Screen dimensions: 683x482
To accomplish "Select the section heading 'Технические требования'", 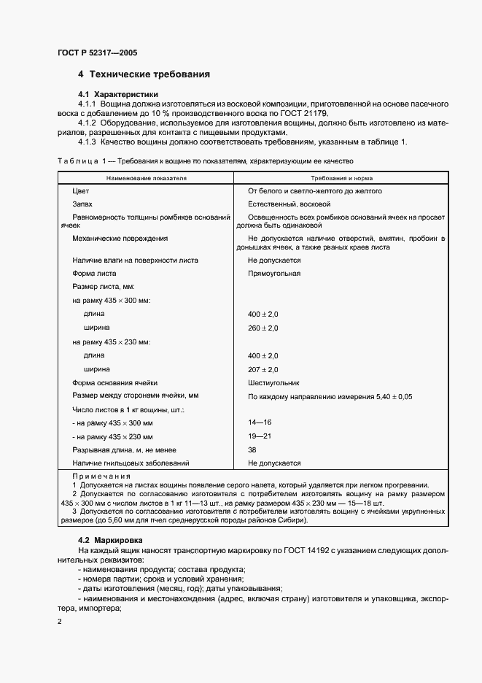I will [x=149, y=74].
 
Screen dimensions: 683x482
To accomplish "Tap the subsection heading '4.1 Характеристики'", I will [x=118, y=95].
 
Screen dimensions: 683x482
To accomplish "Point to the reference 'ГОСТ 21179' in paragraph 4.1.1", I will [x=304, y=114].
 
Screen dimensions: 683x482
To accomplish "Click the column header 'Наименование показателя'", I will [x=147, y=177].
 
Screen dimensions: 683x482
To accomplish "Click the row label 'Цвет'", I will [x=80, y=191].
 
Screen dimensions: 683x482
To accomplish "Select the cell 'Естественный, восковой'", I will [x=289, y=204].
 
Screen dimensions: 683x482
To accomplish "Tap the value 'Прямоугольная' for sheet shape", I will [x=273, y=273].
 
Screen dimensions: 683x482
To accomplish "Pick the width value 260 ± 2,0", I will [x=263, y=328].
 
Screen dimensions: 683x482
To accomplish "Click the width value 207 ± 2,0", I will [x=263, y=369].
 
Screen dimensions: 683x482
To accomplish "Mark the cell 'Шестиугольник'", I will [x=273, y=382].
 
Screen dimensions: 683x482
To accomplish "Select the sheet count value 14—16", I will [x=260, y=422].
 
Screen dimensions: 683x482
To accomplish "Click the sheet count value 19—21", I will [x=260, y=436].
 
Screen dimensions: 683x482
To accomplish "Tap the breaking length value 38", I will [x=252, y=449].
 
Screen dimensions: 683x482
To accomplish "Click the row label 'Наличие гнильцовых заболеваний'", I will [x=131, y=463].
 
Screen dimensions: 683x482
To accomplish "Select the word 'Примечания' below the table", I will [x=101, y=476].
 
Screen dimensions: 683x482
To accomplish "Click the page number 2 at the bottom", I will [x=59, y=620].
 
